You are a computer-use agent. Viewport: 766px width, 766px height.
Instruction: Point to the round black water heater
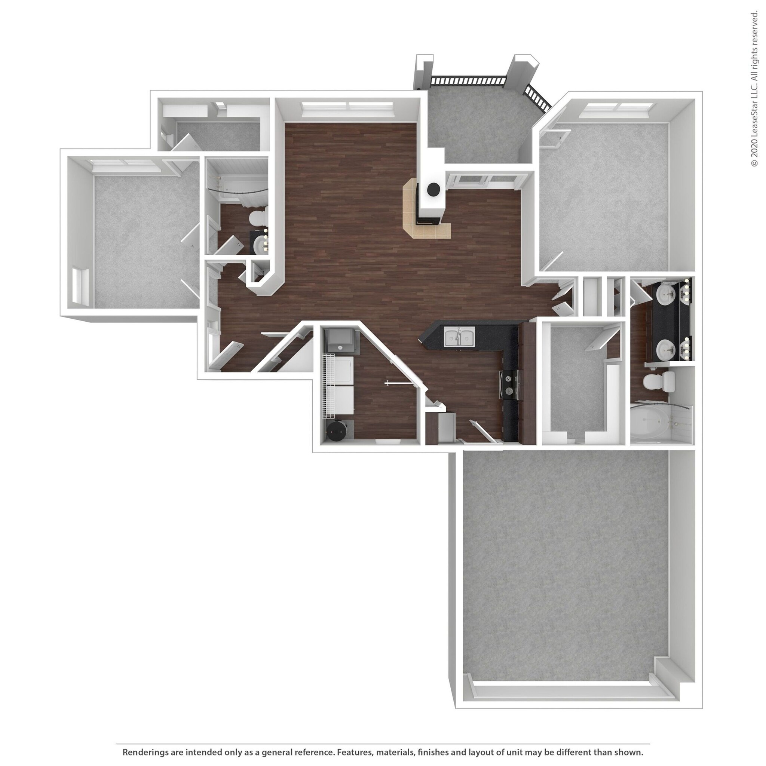click(336, 431)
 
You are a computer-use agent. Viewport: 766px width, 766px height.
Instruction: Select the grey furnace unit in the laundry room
click(342, 342)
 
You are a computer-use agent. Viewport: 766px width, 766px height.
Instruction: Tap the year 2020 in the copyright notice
click(754, 149)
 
